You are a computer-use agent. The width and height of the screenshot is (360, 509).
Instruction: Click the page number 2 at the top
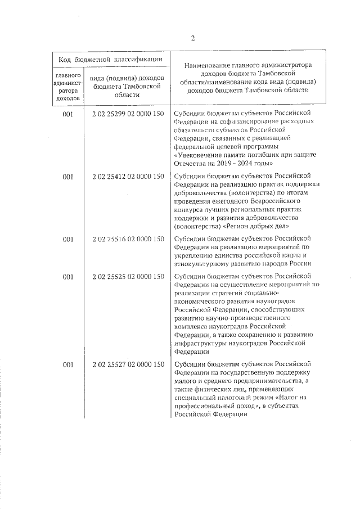(192, 39)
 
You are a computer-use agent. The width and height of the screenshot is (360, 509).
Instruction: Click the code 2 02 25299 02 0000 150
(128, 114)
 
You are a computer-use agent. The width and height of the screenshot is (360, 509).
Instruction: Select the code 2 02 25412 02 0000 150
(128, 177)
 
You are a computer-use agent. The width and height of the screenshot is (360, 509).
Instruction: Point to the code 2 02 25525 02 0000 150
(128, 276)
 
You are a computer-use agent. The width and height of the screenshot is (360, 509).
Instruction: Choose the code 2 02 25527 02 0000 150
(128, 365)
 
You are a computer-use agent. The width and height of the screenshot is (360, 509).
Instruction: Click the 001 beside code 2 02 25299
(68, 114)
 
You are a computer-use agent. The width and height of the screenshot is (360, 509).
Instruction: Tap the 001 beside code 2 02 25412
(68, 177)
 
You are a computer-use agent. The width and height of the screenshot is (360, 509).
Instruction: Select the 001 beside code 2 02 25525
(68, 276)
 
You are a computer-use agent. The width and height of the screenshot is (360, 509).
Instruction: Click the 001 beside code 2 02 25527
(68, 365)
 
